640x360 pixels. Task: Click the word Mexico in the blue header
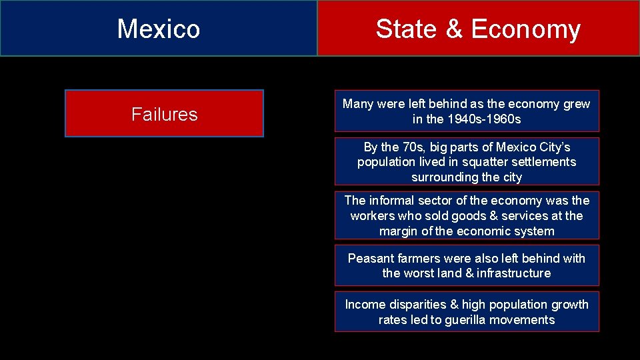(x=159, y=29)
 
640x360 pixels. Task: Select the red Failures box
(x=164, y=114)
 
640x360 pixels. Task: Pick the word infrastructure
(x=513, y=273)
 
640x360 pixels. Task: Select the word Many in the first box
(x=358, y=104)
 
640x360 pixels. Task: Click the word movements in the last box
(x=525, y=320)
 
